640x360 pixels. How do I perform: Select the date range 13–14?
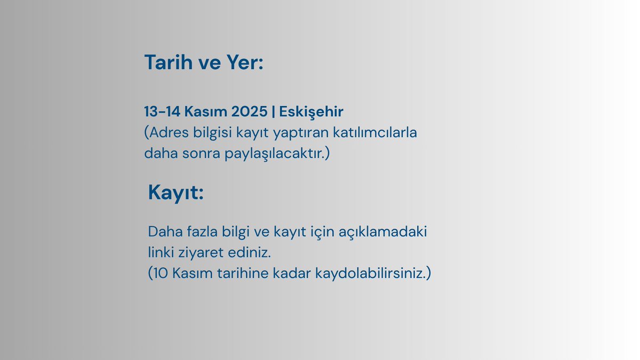pyautogui.click(x=163, y=112)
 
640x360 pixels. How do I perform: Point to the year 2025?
pyautogui.click(x=250, y=112)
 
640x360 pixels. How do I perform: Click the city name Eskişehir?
pyautogui.click(x=311, y=112)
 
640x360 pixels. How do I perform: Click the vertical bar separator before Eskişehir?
pyautogui.click(x=274, y=112)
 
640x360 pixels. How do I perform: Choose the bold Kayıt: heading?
pyautogui.click(x=176, y=193)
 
